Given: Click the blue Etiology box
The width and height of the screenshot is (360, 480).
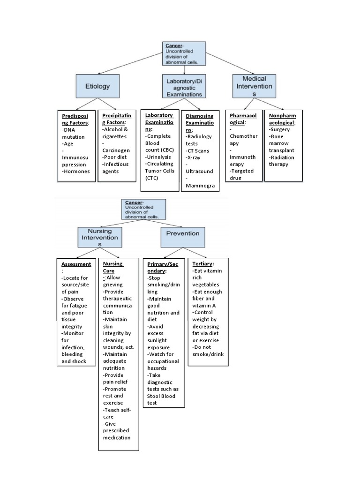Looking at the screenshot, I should [x=97, y=86].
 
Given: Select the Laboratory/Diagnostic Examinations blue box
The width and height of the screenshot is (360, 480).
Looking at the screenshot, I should [x=184, y=86].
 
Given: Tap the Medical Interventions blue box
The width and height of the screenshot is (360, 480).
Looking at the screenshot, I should [x=254, y=86].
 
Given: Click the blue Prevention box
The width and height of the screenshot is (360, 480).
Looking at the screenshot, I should [x=182, y=233].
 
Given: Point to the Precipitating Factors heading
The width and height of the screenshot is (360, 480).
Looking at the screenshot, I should [x=116, y=119].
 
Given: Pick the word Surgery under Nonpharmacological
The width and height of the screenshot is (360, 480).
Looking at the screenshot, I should [x=280, y=129].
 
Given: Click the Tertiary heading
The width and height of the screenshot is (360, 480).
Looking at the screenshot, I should [x=203, y=264].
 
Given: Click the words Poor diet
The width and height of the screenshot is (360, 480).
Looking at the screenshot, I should [x=115, y=157].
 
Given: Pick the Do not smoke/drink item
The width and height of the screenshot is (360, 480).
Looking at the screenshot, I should [x=208, y=351].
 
